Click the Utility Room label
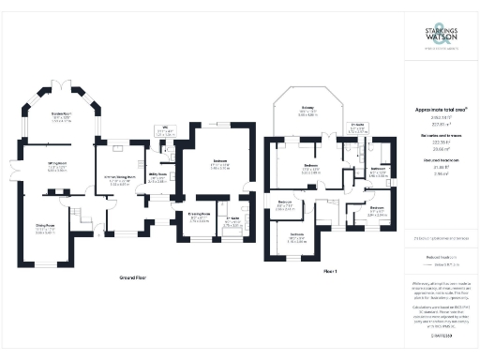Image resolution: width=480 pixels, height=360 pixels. (157, 175)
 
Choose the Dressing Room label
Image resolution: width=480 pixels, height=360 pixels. (196, 220)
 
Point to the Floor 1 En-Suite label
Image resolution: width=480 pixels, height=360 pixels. (356, 130)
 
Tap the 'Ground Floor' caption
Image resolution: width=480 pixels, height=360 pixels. (136, 278)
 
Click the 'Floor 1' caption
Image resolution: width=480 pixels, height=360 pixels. (329, 270)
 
